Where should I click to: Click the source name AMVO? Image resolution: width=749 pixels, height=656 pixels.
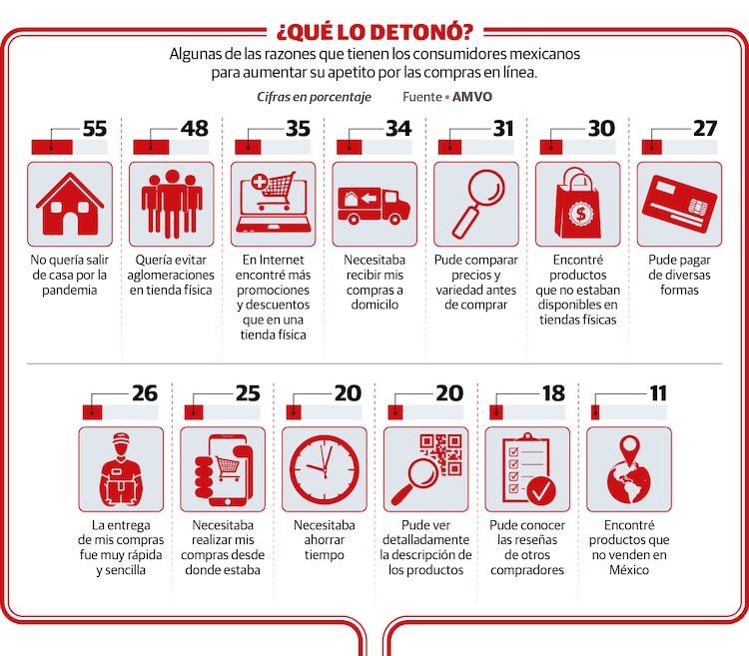472,97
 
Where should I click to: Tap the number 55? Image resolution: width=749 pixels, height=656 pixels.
94,130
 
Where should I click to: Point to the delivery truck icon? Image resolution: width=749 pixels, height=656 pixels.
374,204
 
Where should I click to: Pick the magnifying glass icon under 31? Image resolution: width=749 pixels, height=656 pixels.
475,204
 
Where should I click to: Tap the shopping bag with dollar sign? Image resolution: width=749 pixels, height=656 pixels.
577,204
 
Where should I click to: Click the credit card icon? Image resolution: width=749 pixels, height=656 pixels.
679,204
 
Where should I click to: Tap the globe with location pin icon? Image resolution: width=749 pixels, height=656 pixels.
628,469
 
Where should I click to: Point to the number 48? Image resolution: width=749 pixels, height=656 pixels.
195,130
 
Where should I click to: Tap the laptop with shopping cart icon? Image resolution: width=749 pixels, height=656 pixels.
273,204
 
